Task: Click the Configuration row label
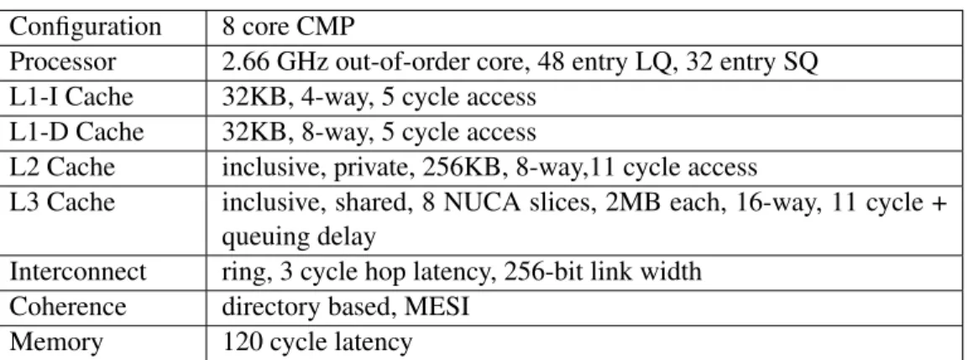point(86,28)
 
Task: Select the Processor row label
point(63,62)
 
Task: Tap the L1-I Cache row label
point(71,97)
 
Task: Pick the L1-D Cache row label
point(76,132)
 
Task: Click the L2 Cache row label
point(63,167)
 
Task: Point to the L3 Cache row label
point(63,202)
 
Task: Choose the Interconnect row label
point(78,272)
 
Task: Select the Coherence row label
point(68,306)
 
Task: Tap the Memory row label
point(56,342)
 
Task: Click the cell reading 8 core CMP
point(289,28)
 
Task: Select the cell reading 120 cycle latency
point(317,342)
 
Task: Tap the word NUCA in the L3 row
point(445,202)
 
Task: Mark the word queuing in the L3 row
point(263,238)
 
